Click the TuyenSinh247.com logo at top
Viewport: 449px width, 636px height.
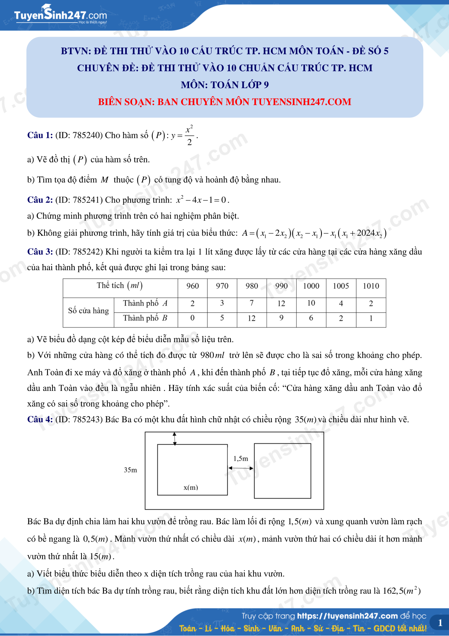(60, 15)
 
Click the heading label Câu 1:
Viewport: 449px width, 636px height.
(40, 135)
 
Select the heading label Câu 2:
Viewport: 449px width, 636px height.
(40, 200)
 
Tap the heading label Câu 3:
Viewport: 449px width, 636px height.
(40, 252)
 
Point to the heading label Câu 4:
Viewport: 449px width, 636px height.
(40, 419)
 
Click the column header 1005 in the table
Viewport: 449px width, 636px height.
(341, 286)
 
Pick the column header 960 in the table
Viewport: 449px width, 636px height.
(192, 286)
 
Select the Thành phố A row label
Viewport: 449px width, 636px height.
(145, 303)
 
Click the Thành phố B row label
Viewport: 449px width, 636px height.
(145, 318)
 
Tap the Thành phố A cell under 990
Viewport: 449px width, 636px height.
(281, 303)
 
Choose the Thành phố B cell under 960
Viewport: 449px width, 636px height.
(192, 318)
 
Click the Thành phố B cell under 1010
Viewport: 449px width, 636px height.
(371, 318)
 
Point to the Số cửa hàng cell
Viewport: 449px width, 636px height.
(88, 311)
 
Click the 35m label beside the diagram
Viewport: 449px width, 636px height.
(131, 470)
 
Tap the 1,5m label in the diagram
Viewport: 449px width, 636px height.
(241, 458)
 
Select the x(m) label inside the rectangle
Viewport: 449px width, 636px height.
(191, 487)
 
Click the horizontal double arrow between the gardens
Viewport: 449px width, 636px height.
(241, 468)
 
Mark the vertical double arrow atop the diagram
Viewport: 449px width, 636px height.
(174, 438)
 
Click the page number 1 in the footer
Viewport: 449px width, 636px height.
(440, 623)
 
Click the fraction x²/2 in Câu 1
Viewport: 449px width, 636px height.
(189, 135)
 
